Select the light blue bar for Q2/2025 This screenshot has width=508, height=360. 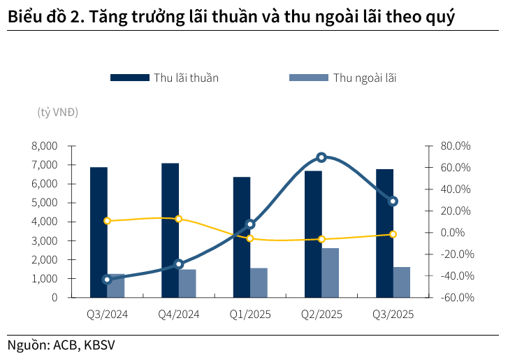[x=331, y=273]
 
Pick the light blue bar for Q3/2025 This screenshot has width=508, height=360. [x=402, y=282]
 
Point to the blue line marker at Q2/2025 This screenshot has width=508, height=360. [x=321, y=157]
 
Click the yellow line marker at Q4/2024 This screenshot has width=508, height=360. [x=179, y=219]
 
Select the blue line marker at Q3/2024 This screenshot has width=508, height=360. [x=107, y=280]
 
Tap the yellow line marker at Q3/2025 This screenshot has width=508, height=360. [x=393, y=234]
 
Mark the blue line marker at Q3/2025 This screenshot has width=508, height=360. [x=393, y=201]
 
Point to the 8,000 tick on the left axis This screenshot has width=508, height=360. [x=44, y=146]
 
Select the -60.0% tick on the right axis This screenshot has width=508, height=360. [x=456, y=297]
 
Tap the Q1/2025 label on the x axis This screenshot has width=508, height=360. [x=249, y=315]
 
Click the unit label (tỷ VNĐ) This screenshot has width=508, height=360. [x=58, y=112]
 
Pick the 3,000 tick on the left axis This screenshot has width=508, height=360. [x=44, y=240]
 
